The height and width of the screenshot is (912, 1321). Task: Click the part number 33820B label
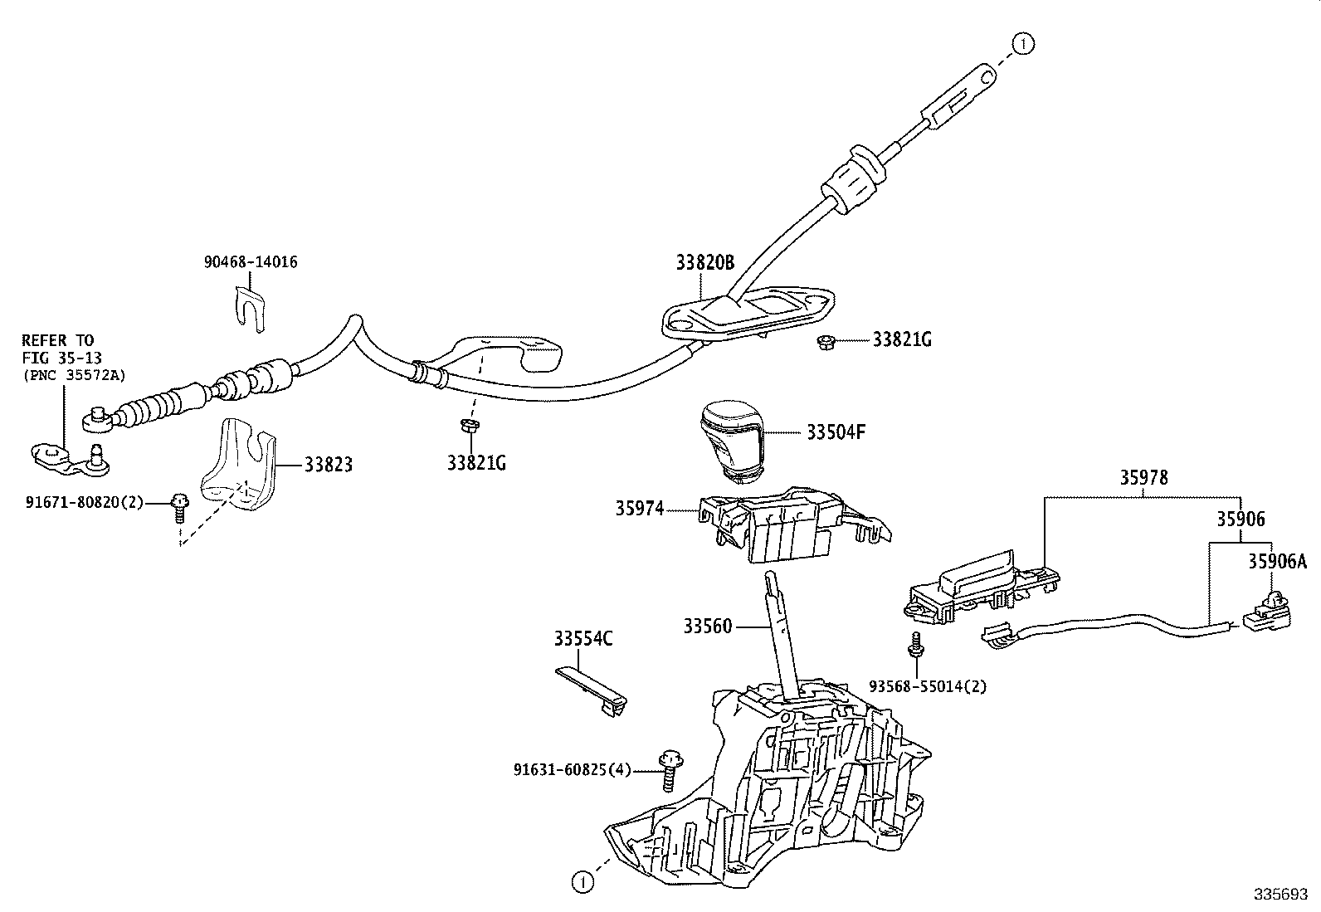(x=704, y=262)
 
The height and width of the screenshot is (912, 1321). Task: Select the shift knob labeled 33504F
(x=731, y=440)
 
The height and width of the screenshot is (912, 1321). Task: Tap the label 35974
(x=639, y=509)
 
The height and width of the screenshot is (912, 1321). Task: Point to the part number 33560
(x=707, y=626)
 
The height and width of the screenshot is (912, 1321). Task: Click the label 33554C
(x=583, y=638)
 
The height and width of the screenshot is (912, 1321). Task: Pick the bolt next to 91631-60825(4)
(x=670, y=770)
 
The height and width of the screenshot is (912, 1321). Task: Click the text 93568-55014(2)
(x=928, y=686)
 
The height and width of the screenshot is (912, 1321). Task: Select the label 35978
(x=1143, y=477)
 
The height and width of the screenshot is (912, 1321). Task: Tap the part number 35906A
(x=1277, y=561)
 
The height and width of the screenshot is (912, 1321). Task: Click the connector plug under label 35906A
(x=1267, y=612)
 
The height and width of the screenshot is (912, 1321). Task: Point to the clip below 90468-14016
(x=250, y=308)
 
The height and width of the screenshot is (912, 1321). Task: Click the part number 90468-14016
(x=251, y=261)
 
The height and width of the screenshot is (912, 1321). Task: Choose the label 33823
(x=329, y=465)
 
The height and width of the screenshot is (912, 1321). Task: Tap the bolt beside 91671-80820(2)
(x=178, y=507)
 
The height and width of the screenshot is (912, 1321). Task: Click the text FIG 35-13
(x=62, y=358)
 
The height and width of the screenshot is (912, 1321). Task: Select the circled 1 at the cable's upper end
(x=1023, y=44)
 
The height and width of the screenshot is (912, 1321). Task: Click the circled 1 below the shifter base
(x=583, y=882)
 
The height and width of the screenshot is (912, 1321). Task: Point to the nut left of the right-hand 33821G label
(x=826, y=342)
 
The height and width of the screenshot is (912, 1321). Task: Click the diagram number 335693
(x=1280, y=894)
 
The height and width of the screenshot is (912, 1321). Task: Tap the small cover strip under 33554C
(x=592, y=691)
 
